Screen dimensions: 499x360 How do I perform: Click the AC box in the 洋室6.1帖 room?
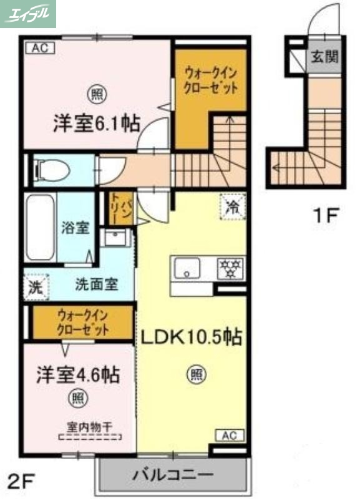(39, 47)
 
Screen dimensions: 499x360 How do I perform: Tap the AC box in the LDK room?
(230, 435)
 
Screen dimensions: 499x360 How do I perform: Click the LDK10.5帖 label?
(191, 337)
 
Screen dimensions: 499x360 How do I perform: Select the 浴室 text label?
(75, 228)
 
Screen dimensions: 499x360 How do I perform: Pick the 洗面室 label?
(96, 286)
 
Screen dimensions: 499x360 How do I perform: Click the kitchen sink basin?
(187, 269)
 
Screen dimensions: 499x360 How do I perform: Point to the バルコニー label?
(173, 475)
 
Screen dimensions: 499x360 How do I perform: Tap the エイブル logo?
(29, 14)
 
